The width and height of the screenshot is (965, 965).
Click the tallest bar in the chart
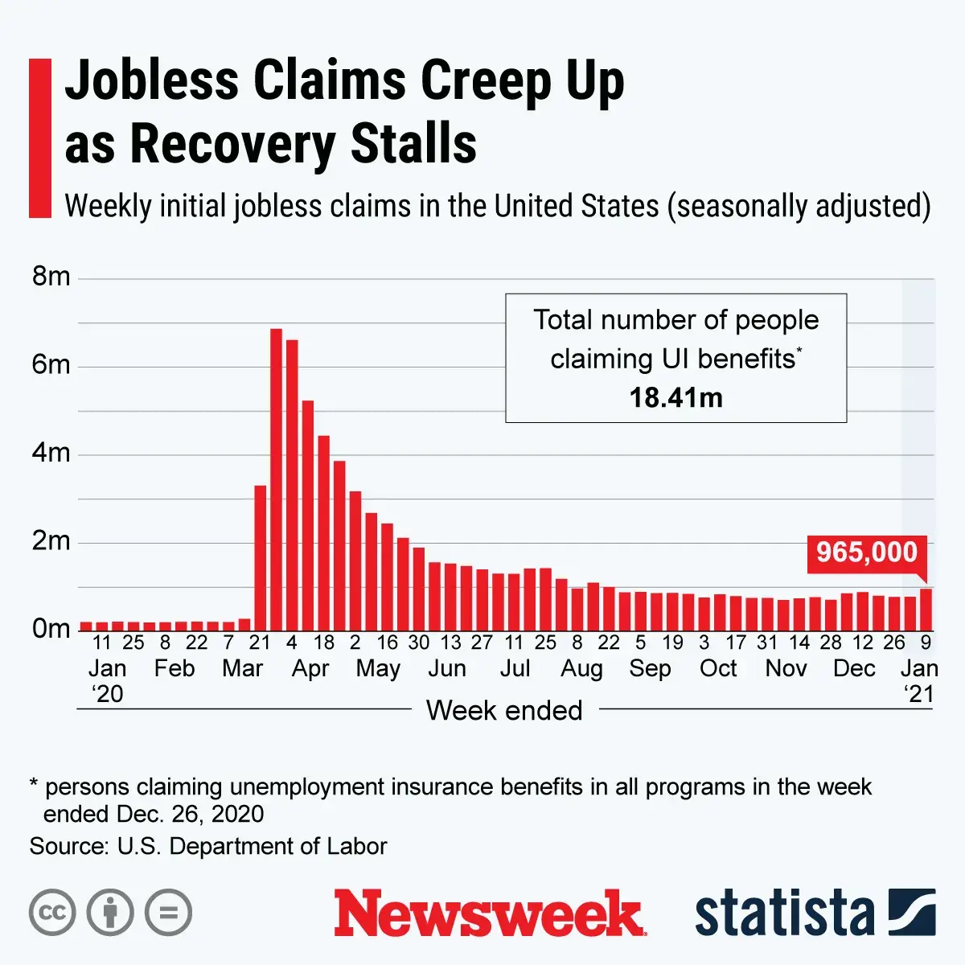pos(276,479)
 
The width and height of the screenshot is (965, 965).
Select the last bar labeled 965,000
pos(926,610)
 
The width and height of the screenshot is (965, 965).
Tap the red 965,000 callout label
pos(867,552)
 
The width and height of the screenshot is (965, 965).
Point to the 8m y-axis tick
pos(51,277)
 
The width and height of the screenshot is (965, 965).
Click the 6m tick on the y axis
pos(51,365)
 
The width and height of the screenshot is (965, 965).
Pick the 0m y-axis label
pos(51,629)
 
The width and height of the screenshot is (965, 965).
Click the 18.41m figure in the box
pos(675,397)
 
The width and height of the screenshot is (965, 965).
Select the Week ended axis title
pos(504,710)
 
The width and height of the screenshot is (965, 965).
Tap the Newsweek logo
pos(490,914)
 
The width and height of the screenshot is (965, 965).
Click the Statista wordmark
pos(784,914)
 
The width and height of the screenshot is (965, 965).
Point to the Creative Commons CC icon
pos(52,913)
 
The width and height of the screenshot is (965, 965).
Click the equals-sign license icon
pos(169,913)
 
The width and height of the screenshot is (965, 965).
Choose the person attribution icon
pos(110,913)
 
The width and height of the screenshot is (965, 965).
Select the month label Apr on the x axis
pos(310,668)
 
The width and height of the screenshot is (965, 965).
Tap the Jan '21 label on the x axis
pos(918,680)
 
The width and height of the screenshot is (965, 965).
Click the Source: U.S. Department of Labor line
pos(208,846)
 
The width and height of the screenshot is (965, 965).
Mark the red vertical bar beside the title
pos(39,138)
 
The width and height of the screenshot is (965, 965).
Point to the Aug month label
pos(581,668)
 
